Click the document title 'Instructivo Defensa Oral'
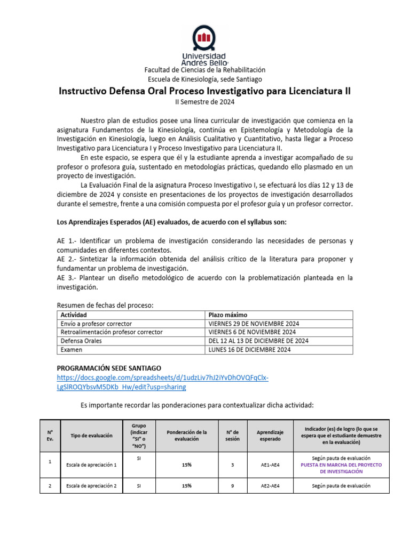point(204,91)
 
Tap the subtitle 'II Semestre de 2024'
point(204,102)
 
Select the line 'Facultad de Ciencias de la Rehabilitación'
point(204,70)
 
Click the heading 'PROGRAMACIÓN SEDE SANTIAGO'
point(108,368)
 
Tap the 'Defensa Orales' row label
point(81,341)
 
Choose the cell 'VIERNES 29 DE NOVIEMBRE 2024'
point(254,324)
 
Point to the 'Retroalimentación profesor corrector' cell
point(112,332)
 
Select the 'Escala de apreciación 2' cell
point(92,486)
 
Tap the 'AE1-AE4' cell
point(270,465)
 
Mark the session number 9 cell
point(232,486)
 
